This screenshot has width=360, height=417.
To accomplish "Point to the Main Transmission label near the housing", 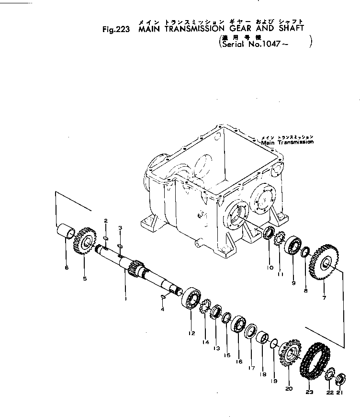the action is pos(287,142).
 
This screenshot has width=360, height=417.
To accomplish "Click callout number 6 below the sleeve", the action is pos(67,267).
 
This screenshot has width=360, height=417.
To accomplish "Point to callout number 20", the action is pos(288,389).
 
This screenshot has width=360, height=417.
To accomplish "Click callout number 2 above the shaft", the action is pos(105,220).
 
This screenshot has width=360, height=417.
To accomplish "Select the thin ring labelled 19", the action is pos(272,343).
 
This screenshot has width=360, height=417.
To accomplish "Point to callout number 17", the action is pos(251,368).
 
